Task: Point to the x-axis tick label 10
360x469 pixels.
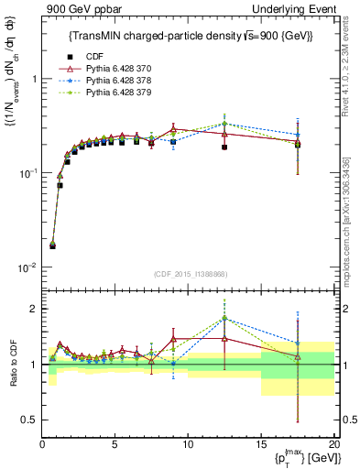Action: [x=187, y=443]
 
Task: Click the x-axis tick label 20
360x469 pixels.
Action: [x=333, y=443]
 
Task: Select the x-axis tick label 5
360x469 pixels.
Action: [x=115, y=443]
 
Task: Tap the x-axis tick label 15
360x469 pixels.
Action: [x=260, y=443]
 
